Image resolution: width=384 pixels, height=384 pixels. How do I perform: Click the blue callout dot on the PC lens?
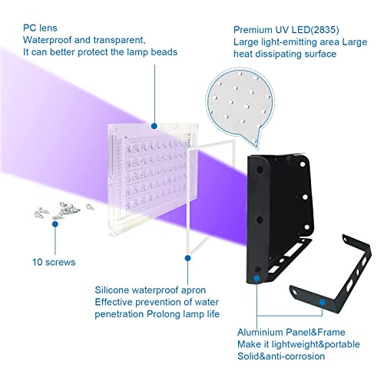(154, 125)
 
